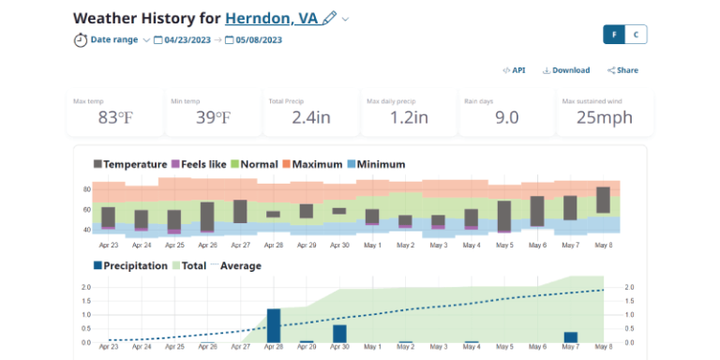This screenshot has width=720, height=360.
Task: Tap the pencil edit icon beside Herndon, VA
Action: [x=329, y=19]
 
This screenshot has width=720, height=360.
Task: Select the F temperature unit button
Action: [x=614, y=35]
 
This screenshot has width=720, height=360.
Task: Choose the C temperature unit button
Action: [x=637, y=35]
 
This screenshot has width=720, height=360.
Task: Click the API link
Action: [x=514, y=70]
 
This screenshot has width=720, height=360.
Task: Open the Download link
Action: [x=566, y=70]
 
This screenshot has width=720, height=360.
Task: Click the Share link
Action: [x=622, y=70]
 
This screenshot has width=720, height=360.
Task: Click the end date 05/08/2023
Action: [x=262, y=39]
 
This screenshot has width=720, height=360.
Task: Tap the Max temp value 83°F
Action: [x=115, y=117]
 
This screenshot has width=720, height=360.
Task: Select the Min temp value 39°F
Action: [x=213, y=117]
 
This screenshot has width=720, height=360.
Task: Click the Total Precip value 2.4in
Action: [x=310, y=117]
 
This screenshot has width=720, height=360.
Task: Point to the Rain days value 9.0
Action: [x=506, y=117]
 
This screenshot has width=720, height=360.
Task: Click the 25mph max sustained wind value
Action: [x=604, y=117]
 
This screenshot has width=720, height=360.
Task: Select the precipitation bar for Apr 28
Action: [x=274, y=325]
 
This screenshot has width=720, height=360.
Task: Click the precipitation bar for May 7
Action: [x=570, y=337]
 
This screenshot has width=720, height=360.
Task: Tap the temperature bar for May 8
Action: [x=603, y=200]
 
